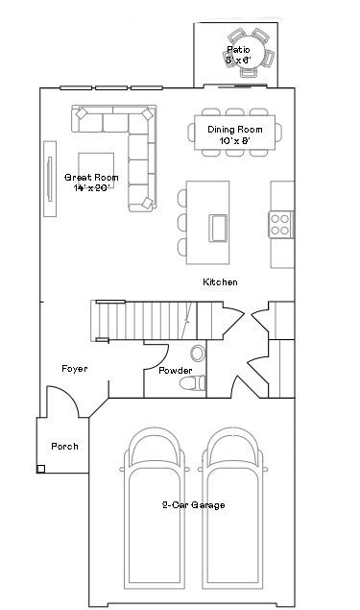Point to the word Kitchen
(220, 282)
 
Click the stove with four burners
(280, 225)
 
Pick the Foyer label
(76, 369)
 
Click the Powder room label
(175, 371)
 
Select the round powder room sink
(198, 353)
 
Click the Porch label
(64, 447)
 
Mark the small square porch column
(42, 469)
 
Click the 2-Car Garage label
(193, 504)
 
